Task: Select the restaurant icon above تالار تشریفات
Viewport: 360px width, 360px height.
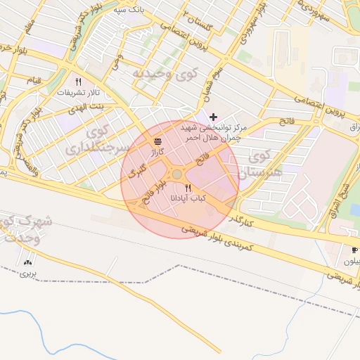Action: pyautogui.click(x=78, y=82)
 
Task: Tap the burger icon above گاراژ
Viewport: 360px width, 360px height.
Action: pyautogui.click(x=157, y=141)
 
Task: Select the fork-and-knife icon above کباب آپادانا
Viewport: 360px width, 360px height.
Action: pyautogui.click(x=188, y=187)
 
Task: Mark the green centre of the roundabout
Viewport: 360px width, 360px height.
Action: pyautogui.click(x=177, y=174)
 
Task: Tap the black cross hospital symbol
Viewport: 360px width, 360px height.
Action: pyautogui.click(x=214, y=116)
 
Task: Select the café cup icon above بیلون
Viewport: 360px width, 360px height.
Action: pyautogui.click(x=354, y=250)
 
